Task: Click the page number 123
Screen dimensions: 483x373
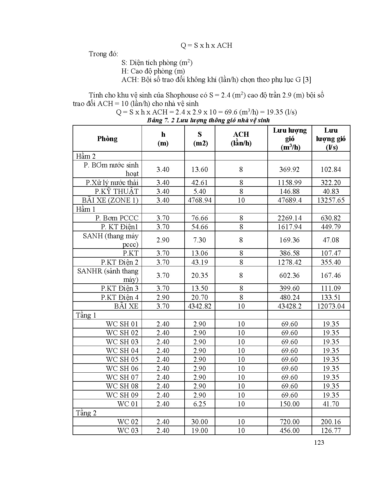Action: tap(319, 443)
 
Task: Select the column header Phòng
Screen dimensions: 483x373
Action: tap(107, 139)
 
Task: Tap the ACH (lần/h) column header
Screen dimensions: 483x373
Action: tap(241, 139)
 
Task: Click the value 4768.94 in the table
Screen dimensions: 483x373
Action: tap(200, 200)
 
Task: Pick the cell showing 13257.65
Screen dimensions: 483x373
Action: tap(331, 200)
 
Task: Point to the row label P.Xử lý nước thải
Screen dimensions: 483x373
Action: tap(112, 183)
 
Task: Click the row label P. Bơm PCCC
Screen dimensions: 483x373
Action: tap(117, 218)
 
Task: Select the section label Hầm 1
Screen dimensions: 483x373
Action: tap(85, 209)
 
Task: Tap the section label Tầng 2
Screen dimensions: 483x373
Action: tap(86, 413)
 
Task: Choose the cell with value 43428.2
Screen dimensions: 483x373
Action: tap(289, 306)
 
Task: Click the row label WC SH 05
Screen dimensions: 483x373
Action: tap(122, 359)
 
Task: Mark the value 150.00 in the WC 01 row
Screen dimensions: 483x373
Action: tap(289, 404)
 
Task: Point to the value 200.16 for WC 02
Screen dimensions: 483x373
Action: tap(331, 422)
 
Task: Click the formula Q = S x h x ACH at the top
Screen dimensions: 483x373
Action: tap(206, 45)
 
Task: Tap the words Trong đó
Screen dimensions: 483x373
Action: tap(103, 54)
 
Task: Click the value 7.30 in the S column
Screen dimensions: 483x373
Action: tap(200, 240)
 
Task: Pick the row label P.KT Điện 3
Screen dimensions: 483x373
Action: tap(120, 288)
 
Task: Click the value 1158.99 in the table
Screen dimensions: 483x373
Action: tap(289, 183)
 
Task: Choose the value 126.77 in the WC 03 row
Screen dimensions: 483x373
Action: tap(331, 431)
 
